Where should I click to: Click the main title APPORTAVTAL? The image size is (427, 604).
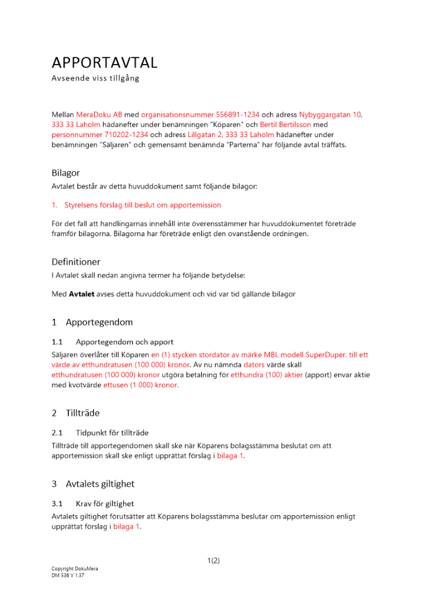click(x=104, y=63)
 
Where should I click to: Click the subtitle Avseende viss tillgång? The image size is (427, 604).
click(x=95, y=79)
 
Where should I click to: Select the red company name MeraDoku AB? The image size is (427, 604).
click(x=100, y=114)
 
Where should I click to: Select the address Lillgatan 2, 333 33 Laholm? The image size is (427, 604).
click(x=231, y=135)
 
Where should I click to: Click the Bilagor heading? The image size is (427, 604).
click(x=66, y=173)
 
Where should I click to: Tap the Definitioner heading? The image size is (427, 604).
click(x=76, y=262)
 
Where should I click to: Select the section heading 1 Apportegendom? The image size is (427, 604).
click(x=92, y=322)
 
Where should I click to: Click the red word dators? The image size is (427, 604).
click(x=254, y=365)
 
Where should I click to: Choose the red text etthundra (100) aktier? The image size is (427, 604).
click(x=266, y=375)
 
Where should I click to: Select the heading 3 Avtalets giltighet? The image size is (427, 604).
click(x=93, y=484)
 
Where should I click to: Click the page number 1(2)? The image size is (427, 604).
click(x=213, y=561)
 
